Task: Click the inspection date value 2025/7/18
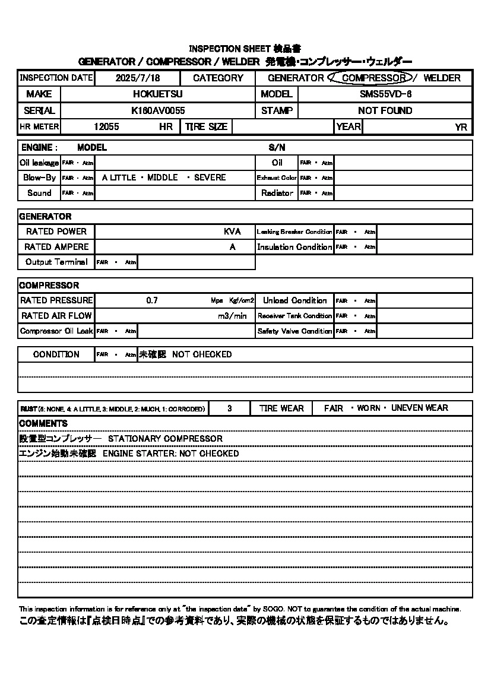(138, 78)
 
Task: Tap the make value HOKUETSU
(157, 94)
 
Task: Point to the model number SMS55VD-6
(385, 94)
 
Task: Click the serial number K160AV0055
(158, 110)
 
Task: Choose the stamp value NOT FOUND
(385, 110)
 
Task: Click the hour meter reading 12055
(106, 126)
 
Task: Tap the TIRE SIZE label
(206, 126)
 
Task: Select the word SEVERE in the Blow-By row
(210, 178)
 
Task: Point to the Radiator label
(277, 193)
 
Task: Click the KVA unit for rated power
(232, 232)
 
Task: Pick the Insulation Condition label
(294, 247)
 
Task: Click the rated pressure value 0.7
(152, 300)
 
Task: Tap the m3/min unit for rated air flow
(232, 316)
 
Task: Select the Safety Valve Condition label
(294, 331)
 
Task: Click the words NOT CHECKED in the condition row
(202, 354)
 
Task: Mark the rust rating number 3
(230, 408)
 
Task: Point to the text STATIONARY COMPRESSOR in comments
(165, 439)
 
